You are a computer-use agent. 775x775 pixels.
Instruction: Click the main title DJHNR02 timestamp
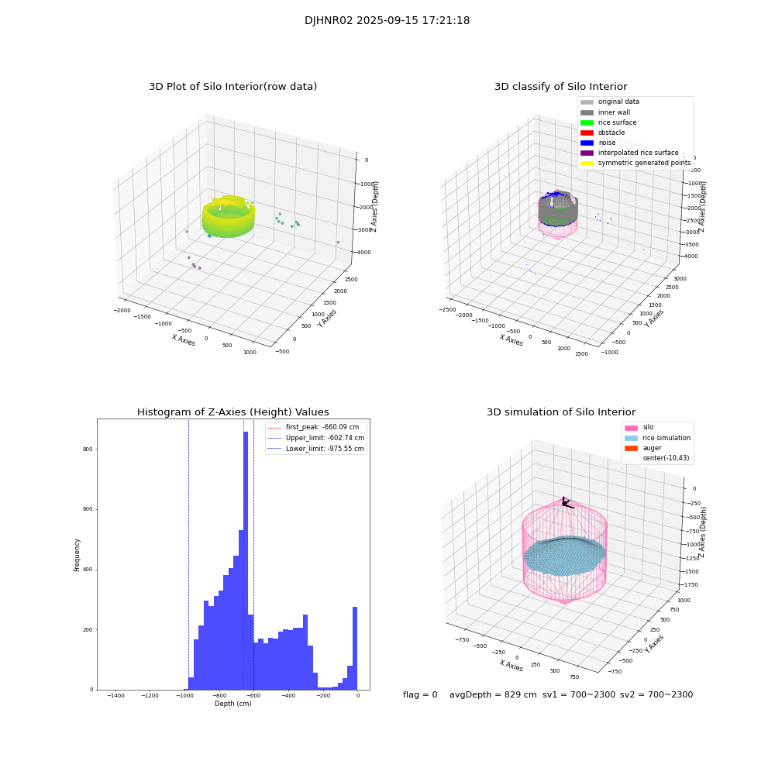(x=387, y=21)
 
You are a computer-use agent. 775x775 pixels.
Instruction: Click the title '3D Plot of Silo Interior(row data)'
(x=232, y=87)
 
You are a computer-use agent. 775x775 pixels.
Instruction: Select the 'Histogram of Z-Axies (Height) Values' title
(x=232, y=412)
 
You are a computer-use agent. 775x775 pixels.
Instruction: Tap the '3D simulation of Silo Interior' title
(x=560, y=412)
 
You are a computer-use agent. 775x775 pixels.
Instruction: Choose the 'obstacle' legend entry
(x=611, y=133)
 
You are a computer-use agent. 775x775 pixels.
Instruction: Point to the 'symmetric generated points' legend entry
(x=643, y=163)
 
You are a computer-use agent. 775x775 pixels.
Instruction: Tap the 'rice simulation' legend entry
(x=666, y=438)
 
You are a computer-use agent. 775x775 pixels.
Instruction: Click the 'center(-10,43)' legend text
(x=665, y=458)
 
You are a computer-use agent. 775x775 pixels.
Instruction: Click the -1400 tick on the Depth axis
(x=115, y=696)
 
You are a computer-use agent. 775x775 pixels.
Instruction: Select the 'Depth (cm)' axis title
(x=232, y=704)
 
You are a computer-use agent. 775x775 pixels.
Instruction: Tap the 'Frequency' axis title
(x=77, y=554)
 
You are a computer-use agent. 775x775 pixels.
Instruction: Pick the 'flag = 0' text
(x=420, y=695)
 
